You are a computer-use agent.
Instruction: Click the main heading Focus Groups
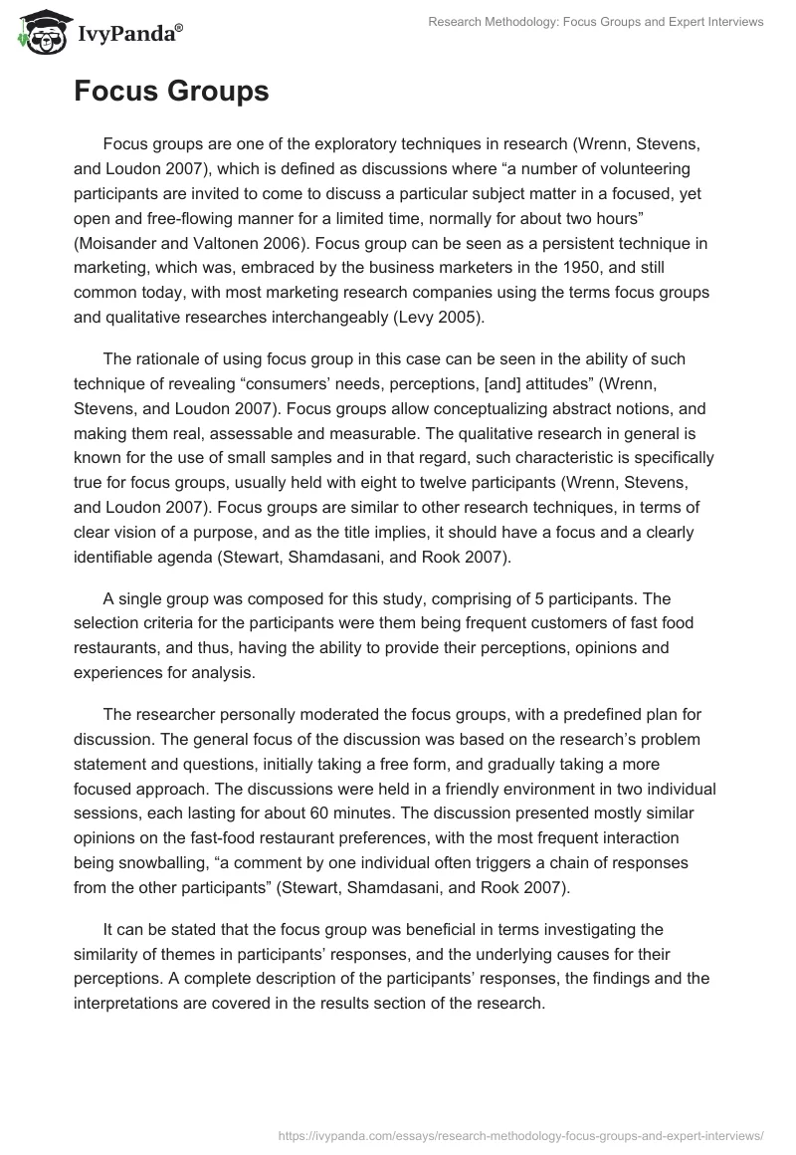pos(171,92)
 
